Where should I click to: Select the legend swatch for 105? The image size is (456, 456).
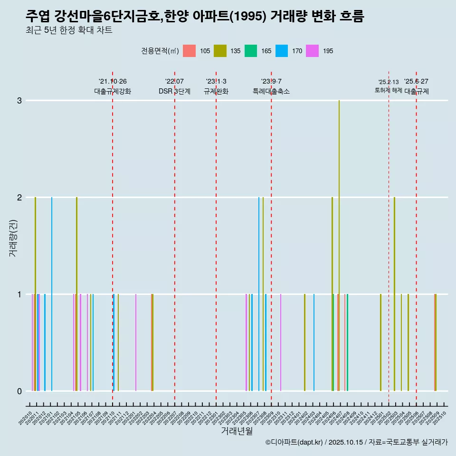coord(189,51)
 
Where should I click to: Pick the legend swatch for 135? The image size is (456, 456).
coord(220,51)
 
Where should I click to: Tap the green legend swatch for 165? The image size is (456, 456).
coord(251,51)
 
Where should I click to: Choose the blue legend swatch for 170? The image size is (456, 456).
coord(282,51)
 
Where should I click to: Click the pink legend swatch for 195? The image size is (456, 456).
coord(313,51)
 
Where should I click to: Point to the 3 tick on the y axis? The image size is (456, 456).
coord(19,101)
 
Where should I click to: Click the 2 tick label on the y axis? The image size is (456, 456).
coord(19,197)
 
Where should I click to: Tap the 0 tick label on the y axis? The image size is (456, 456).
coord(19,391)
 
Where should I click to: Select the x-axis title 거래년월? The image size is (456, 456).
coord(237,431)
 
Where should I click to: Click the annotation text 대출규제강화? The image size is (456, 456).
coord(112,91)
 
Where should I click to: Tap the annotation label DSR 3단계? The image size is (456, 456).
coord(174,91)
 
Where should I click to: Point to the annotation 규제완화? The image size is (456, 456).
coord(216,91)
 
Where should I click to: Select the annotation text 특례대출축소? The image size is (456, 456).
coord(271,91)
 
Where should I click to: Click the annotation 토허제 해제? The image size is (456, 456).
coord(388,90)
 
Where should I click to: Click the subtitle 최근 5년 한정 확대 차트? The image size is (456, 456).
coord(69,30)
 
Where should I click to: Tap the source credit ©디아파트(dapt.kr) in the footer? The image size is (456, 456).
coord(294,442)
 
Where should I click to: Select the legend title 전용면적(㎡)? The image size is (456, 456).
coord(160,51)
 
